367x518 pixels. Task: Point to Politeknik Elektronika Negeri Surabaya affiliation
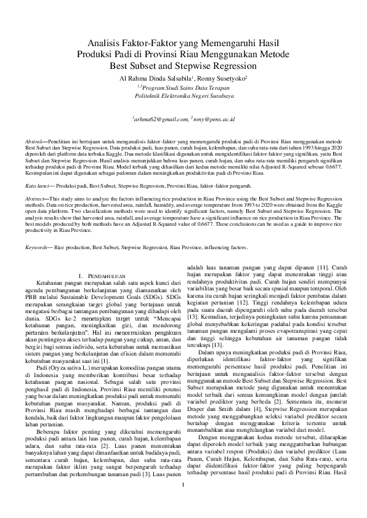pos(183,97)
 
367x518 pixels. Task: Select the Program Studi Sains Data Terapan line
pos(184,87)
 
